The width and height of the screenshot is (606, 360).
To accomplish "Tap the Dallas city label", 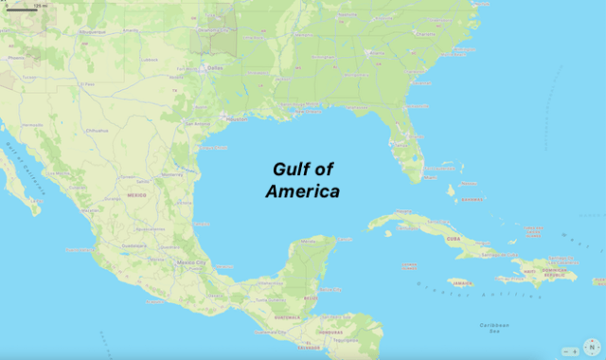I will click(x=216, y=68).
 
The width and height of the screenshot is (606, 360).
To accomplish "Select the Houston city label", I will click(x=237, y=119).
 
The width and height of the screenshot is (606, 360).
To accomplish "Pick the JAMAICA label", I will click(x=461, y=282).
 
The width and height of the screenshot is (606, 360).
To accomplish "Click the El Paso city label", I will click(x=88, y=84).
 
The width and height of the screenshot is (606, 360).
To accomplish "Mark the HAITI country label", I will click(x=530, y=272).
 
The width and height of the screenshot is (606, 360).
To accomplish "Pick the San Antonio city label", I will click(x=198, y=123).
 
